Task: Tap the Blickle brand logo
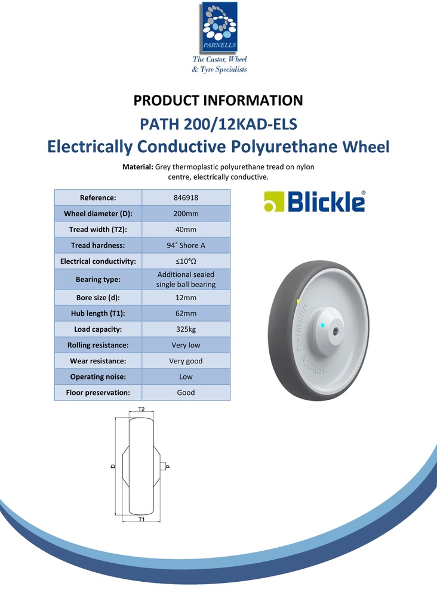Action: click(x=315, y=202)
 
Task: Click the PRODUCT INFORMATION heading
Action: click(x=219, y=100)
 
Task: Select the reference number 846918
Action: click(x=186, y=198)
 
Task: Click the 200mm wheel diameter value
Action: click(x=186, y=214)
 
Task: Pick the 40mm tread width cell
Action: click(x=186, y=229)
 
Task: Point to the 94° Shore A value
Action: click(x=186, y=245)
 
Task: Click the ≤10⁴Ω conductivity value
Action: click(x=186, y=261)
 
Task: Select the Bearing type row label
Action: click(x=98, y=279)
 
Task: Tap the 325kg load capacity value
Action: click(x=186, y=329)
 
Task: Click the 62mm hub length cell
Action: click(x=186, y=313)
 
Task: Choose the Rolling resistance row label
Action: click(x=98, y=345)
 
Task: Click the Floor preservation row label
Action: click(x=98, y=393)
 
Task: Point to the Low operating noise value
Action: click(x=186, y=377)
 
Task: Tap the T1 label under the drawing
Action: click(x=141, y=520)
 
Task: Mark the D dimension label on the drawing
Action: click(x=113, y=467)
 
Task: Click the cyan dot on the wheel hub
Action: click(x=323, y=325)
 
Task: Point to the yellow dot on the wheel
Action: click(x=298, y=301)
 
